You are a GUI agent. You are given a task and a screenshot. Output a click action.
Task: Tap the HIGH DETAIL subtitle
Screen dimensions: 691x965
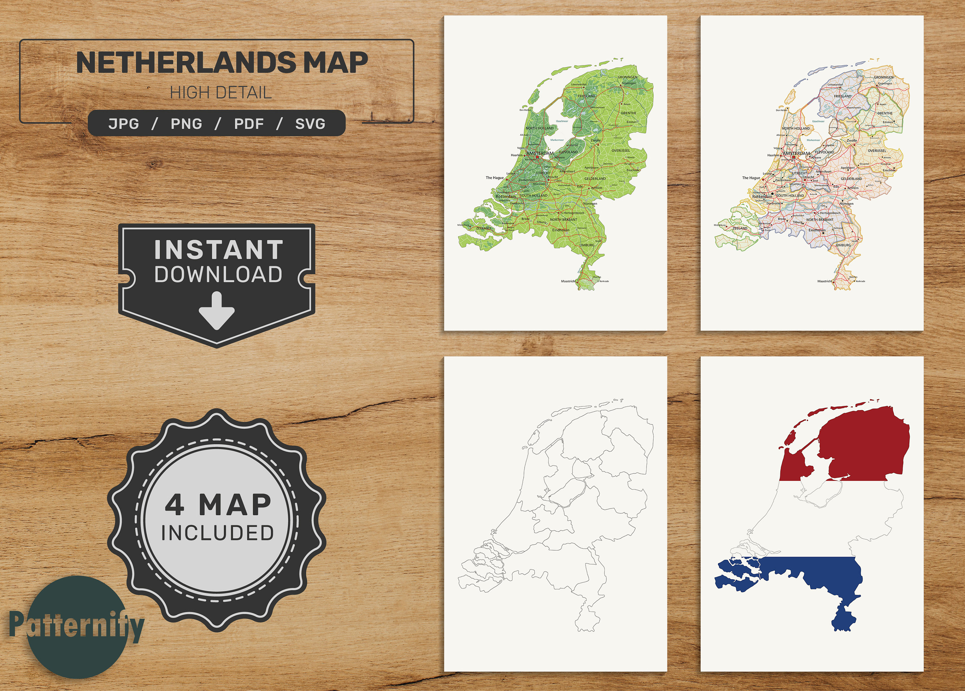tap(220, 93)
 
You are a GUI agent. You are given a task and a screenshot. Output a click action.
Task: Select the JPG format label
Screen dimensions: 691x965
tap(124, 124)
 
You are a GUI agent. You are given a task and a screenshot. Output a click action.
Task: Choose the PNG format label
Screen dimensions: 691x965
tap(186, 124)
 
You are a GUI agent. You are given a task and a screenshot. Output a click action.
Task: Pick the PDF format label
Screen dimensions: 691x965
tap(249, 124)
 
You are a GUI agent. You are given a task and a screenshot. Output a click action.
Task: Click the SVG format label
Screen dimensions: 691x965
tap(310, 124)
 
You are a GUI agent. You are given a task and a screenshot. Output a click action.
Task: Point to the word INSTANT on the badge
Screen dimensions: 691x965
tap(218, 250)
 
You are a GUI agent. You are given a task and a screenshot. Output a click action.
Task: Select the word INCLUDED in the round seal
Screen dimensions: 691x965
tap(217, 533)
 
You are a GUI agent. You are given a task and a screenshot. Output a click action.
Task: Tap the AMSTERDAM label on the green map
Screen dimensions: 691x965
tap(540, 153)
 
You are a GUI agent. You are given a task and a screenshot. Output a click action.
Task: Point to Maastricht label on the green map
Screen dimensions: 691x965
tap(568, 281)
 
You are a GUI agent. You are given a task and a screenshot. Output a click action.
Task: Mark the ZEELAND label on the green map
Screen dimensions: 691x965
tap(483, 228)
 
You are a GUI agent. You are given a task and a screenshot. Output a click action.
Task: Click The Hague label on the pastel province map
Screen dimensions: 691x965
tap(751, 178)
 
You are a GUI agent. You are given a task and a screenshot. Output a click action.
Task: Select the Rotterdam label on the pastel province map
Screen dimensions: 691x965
tap(762, 196)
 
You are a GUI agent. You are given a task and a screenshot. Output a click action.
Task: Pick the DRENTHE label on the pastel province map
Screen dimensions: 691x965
tap(885, 113)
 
